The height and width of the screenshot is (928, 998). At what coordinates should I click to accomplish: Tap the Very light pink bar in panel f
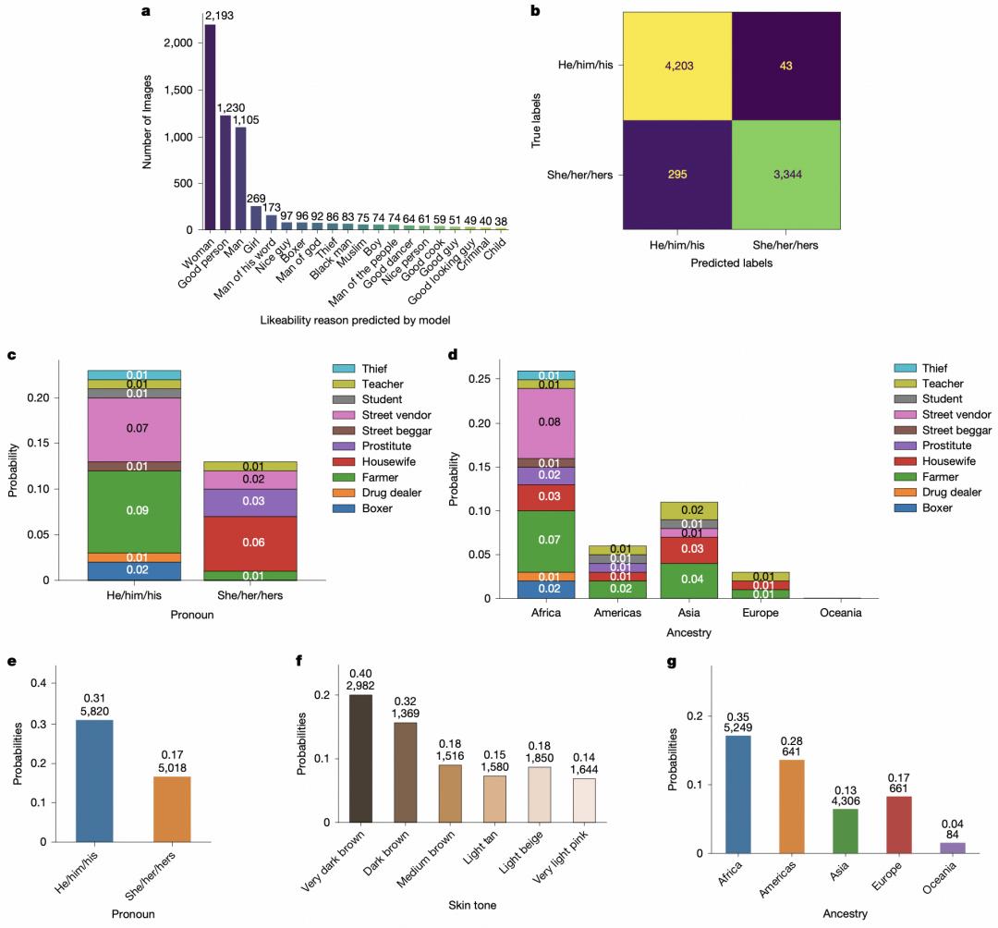585,787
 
